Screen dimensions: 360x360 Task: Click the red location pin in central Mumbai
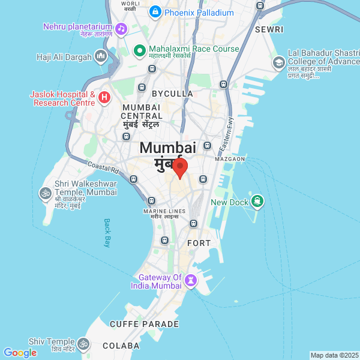click(x=180, y=167)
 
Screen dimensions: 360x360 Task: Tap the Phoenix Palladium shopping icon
click(x=155, y=11)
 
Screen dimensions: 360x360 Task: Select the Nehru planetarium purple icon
click(x=121, y=29)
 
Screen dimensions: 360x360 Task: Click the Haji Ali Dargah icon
click(x=100, y=57)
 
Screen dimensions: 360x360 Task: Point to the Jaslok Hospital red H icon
click(x=104, y=97)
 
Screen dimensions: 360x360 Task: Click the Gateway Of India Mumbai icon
click(x=191, y=281)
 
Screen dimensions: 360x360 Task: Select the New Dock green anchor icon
click(x=257, y=201)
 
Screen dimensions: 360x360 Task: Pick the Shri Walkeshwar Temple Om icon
click(x=45, y=193)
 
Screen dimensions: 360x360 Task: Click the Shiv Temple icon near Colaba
click(x=84, y=344)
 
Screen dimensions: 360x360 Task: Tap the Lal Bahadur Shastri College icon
click(x=279, y=62)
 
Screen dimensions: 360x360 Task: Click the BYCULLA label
click(x=172, y=94)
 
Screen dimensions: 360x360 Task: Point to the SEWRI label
click(x=268, y=29)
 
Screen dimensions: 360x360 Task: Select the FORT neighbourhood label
click(x=199, y=243)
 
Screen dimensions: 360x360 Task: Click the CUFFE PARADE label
click(x=144, y=324)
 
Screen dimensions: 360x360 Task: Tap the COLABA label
click(x=121, y=346)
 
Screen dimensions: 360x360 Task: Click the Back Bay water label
click(x=107, y=232)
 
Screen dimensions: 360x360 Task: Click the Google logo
click(x=20, y=353)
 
